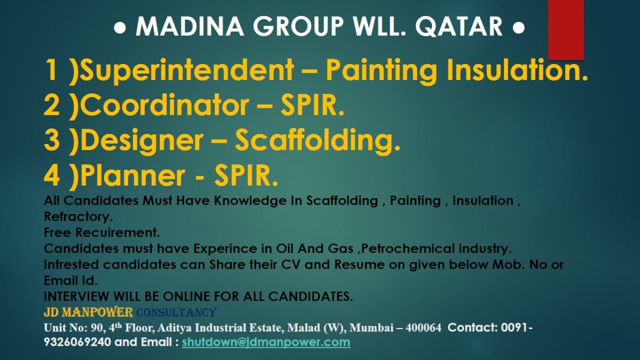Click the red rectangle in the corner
[x=566, y=29]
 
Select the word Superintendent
[x=187, y=71]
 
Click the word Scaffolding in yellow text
[x=317, y=140]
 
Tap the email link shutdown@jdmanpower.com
[x=266, y=342]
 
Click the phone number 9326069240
[x=77, y=342]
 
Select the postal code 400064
[x=423, y=327]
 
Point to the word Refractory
[x=78, y=217]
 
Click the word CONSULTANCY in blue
[x=176, y=312]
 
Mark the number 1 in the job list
[x=51, y=71]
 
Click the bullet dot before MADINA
[x=120, y=27]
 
